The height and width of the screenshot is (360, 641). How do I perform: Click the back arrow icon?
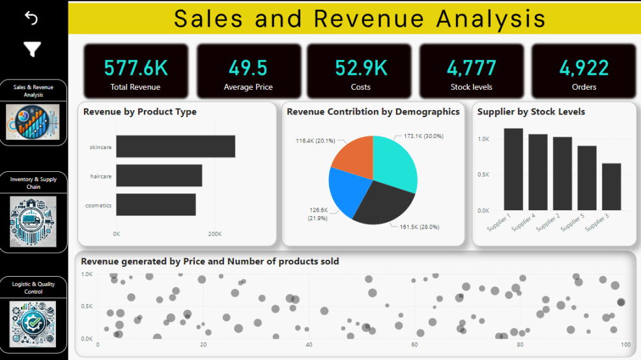coord(31,18)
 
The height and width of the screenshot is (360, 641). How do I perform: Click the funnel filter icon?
coord(32,49)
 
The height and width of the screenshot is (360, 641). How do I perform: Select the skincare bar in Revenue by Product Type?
coord(175,146)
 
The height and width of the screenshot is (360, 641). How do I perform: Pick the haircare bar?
coord(159,176)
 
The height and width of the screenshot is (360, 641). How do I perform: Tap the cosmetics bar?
coord(156,204)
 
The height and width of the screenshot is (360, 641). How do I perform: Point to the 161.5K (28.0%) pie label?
coord(420,227)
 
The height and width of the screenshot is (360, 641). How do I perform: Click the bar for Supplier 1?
coord(513,169)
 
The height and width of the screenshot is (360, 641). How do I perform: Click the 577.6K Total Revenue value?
coord(135,68)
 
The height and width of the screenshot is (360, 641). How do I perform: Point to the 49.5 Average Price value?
coord(248,68)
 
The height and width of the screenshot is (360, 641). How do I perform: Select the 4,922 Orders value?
coord(584,68)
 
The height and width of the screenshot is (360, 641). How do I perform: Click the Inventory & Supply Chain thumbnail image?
coord(33,221)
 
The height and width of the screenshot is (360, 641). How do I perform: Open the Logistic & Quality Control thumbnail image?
coord(33,324)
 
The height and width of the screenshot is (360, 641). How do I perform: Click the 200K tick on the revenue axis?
coord(214,234)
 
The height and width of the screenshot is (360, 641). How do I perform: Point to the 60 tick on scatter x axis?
coord(414,345)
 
